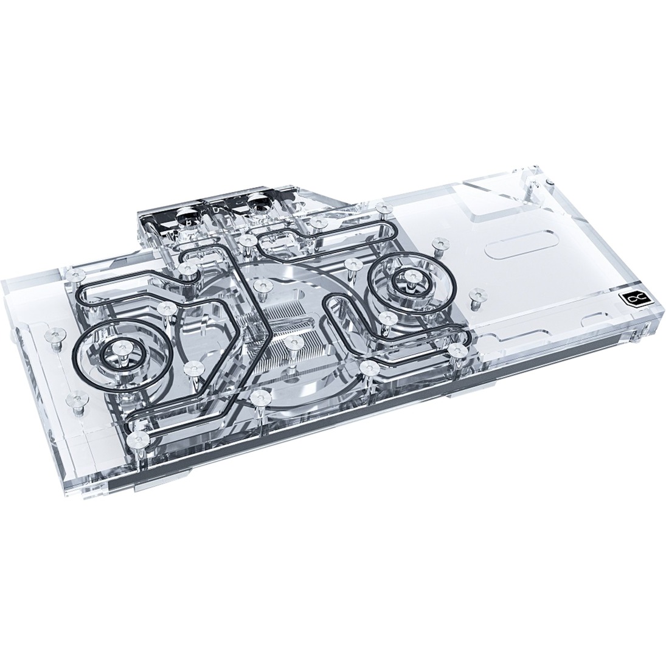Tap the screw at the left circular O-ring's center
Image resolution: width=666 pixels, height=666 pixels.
tap(118, 349)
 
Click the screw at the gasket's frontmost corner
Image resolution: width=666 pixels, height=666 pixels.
tap(137, 437)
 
